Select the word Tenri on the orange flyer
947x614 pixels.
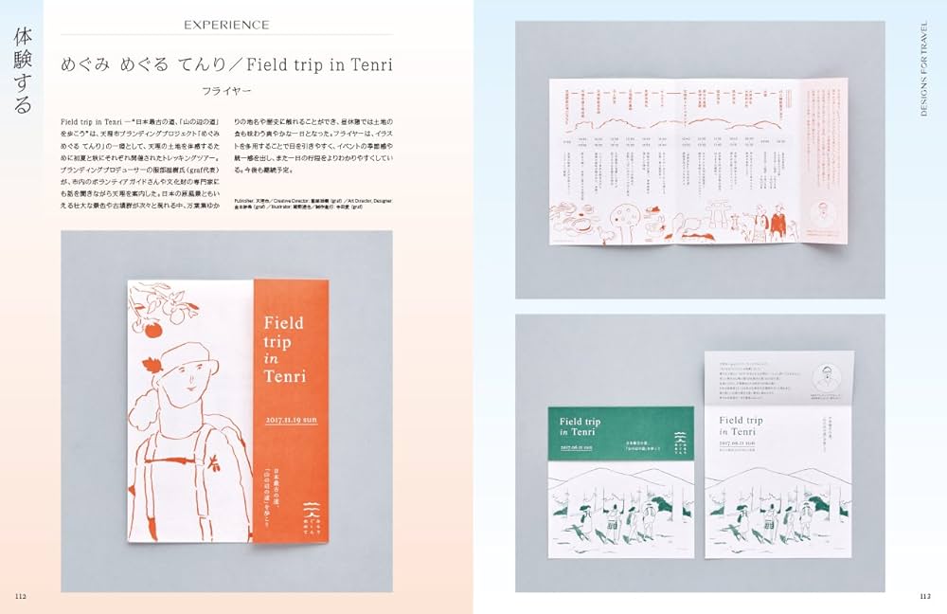pos(286,376)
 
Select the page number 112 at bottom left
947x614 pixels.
pos(20,595)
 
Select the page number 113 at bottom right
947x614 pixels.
pos(925,595)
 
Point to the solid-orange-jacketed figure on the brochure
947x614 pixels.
pos(777,225)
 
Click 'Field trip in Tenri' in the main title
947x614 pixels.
pos(319,64)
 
